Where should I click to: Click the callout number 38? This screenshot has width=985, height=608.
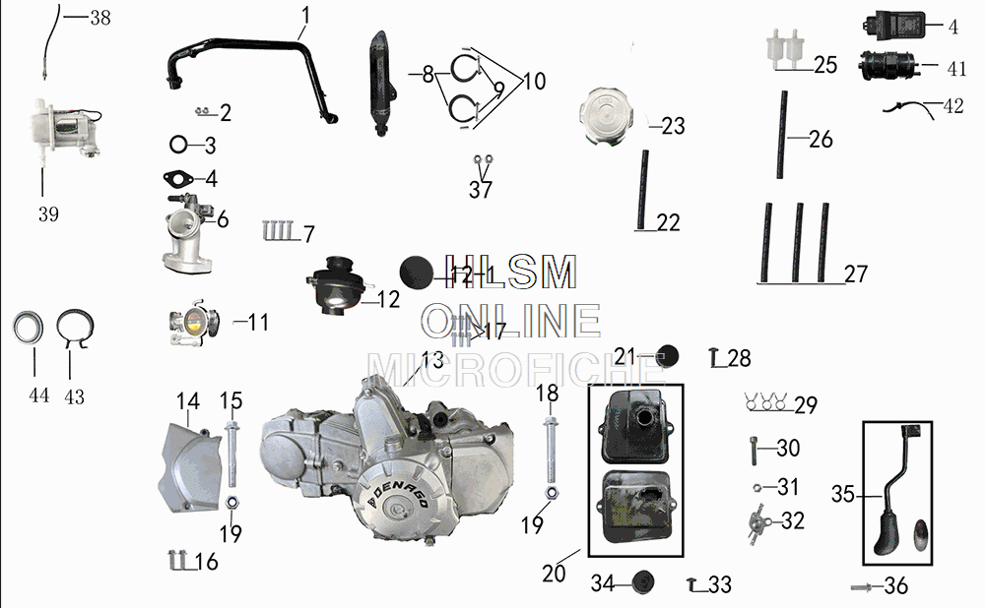(x=99, y=18)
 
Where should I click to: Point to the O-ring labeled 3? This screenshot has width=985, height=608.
(x=179, y=146)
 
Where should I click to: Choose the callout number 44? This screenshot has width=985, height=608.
(x=38, y=396)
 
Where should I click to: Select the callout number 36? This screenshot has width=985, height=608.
(x=895, y=586)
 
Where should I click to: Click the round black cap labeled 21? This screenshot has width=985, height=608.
(x=670, y=356)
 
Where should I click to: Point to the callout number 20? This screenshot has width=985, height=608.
(x=555, y=572)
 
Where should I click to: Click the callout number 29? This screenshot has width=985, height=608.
(x=806, y=405)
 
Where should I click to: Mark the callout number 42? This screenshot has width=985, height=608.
(x=953, y=106)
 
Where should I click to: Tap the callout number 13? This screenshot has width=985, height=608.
(x=432, y=360)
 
